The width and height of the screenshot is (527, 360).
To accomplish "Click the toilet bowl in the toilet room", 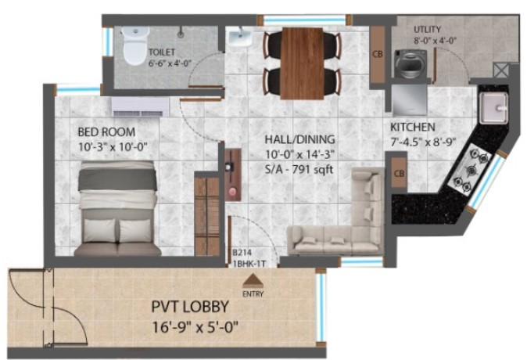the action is click(x=135, y=45).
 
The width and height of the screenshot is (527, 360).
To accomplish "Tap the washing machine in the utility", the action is click(x=410, y=64).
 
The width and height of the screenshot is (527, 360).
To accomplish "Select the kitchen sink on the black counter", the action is click(x=493, y=107).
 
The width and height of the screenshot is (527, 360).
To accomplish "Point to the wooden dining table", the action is click(x=303, y=63).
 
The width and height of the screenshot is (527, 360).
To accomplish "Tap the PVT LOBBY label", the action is click(x=190, y=307).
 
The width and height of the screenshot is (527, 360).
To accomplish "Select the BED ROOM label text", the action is click(x=106, y=132).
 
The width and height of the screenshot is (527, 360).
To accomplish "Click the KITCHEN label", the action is click(x=413, y=128).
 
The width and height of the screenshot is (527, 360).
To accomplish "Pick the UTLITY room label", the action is click(x=427, y=29).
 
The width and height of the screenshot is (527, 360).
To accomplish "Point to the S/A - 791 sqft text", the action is click(x=299, y=169).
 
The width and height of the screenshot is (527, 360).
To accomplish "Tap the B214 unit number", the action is click(x=242, y=253).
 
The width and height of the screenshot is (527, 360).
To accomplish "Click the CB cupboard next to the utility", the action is click(x=378, y=54).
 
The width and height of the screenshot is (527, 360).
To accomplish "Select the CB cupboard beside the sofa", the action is click(x=399, y=173).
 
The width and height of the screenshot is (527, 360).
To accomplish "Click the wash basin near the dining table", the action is click(x=239, y=38).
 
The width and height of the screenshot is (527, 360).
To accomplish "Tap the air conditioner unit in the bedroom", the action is click(x=141, y=107).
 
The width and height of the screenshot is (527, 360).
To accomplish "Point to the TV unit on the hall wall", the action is click(x=233, y=175).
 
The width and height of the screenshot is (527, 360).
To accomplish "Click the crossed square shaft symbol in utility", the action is click(x=500, y=71).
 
